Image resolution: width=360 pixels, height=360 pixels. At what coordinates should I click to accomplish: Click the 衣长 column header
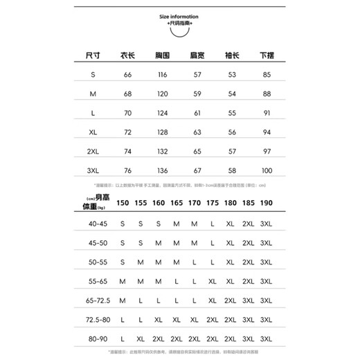coord(127,55)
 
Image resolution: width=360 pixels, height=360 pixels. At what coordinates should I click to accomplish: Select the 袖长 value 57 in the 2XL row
coord(231,151)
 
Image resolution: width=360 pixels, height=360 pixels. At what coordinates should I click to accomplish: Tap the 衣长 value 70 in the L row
coord(127,112)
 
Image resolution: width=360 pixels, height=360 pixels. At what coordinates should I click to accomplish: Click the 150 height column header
coord(123,204)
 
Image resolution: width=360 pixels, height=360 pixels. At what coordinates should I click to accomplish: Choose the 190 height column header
coord(266,204)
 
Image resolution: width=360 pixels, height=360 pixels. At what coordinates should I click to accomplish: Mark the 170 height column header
coord(195,204)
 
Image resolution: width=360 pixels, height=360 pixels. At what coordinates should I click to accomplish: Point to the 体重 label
coord(91,208)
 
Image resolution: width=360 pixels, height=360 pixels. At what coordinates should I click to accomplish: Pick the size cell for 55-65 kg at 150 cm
coord(123,282)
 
